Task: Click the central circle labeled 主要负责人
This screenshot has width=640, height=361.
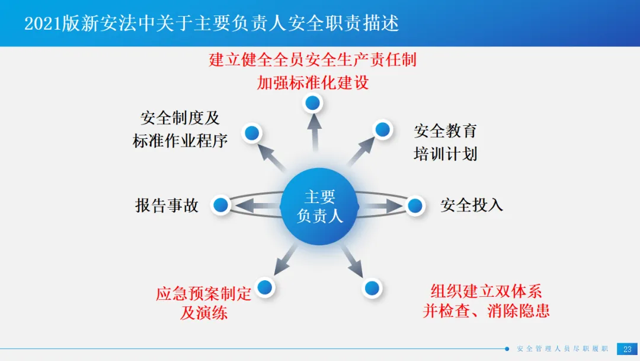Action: tap(319, 206)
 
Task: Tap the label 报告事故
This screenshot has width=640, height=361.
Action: tap(167, 205)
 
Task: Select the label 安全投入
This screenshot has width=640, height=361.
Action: tap(472, 205)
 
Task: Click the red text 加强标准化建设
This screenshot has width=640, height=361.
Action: tap(313, 83)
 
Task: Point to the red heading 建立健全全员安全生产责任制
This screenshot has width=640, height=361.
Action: tap(313, 59)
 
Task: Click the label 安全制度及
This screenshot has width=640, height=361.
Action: tap(180, 118)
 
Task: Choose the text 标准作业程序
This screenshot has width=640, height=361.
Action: tap(180, 141)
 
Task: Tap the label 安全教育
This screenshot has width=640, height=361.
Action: tap(446, 131)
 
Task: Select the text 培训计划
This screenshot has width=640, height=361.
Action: tap(446, 154)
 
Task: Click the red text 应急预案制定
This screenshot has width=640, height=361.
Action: tap(204, 293)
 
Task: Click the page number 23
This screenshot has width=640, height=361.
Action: tap(627, 349)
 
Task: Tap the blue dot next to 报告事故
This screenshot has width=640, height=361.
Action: tap(221, 205)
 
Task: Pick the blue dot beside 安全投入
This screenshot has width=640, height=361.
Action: tap(415, 205)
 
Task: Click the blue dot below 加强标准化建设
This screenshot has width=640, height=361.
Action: tap(313, 103)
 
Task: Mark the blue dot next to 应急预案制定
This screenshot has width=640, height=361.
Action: tap(265, 287)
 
